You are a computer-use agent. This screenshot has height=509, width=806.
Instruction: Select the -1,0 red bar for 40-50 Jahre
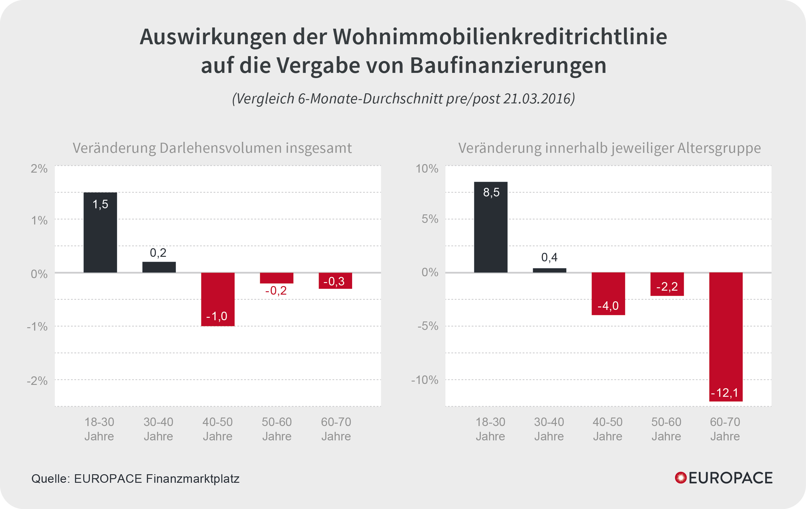(217, 299)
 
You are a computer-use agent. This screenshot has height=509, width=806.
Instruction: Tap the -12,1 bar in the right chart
(726, 337)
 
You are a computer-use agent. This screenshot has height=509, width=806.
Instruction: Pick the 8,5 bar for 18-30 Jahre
(491, 227)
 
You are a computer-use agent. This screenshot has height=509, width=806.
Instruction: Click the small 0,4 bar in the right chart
(550, 271)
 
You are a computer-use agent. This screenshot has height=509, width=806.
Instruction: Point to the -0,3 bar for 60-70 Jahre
(335, 281)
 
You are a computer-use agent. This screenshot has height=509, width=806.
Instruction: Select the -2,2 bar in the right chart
(667, 284)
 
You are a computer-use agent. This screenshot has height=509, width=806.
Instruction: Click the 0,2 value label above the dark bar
(158, 253)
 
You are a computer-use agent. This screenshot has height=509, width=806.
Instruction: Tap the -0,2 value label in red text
(276, 291)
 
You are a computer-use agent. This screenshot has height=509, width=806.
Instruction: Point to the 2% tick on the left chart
(39, 168)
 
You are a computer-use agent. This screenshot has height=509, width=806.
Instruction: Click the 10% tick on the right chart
(427, 168)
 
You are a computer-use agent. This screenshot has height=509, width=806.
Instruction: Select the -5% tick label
(427, 326)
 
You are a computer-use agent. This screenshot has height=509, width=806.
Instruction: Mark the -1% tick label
(37, 326)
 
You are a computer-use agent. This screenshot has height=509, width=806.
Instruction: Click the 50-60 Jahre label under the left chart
(277, 429)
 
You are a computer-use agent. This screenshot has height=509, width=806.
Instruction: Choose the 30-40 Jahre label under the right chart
(549, 429)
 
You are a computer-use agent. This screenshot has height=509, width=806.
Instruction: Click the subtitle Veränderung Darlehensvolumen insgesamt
(212, 148)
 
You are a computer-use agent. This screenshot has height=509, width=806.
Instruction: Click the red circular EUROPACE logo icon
(681, 478)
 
